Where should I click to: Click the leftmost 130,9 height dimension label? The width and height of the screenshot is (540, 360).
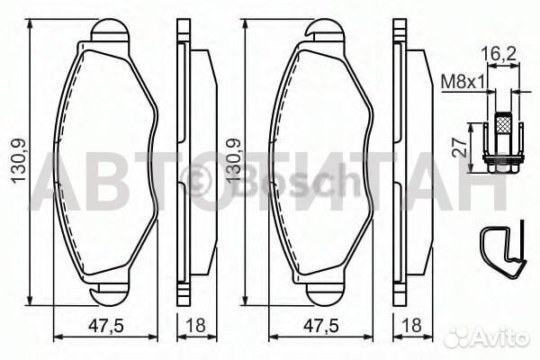19,161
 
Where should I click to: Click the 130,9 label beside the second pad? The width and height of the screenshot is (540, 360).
233,161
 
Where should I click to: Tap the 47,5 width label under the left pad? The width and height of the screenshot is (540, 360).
105,326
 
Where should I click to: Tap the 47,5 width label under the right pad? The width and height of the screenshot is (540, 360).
320,326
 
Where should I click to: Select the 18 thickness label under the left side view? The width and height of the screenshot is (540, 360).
195,325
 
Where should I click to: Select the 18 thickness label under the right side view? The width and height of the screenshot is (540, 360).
411,325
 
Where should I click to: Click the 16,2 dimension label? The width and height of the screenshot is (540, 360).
499,54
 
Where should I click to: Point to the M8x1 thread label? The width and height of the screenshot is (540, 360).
463,82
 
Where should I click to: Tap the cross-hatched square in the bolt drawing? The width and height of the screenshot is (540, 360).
503,123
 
